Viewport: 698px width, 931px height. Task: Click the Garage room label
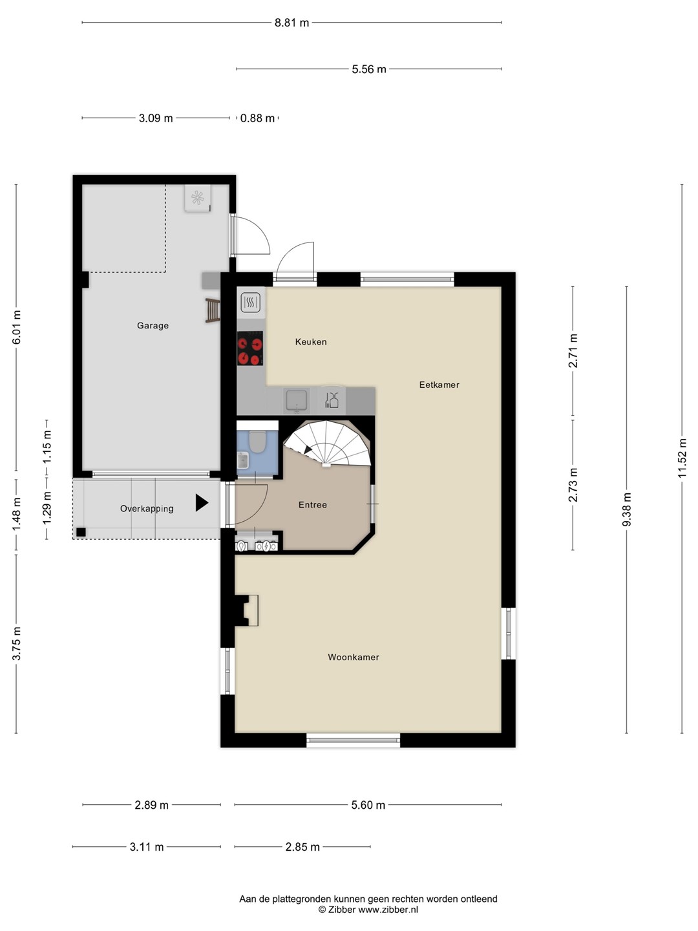pos(153,326)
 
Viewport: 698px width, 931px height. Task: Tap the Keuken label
pos(311,342)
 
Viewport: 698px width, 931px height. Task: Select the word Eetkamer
pos(439,385)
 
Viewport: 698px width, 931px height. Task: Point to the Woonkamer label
pos(354,657)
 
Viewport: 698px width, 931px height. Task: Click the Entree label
pos(313,505)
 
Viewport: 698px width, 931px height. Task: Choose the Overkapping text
pos(147,509)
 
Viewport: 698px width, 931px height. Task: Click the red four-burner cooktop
pos(250,348)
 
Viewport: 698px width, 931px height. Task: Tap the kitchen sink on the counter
pos(297,401)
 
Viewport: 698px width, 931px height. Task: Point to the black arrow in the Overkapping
pos(202,502)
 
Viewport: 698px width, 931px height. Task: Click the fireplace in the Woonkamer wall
pos(246,610)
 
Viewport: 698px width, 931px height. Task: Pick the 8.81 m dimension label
pos(291,23)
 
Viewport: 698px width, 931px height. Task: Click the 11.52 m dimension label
pos(682,458)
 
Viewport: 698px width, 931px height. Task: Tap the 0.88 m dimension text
pos(257,118)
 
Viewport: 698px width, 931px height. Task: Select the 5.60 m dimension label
pos(368,805)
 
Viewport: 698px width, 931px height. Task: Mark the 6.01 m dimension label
pos(16,327)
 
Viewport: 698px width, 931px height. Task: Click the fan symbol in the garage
pos(198,198)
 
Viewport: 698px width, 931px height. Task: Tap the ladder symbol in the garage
pos(213,310)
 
